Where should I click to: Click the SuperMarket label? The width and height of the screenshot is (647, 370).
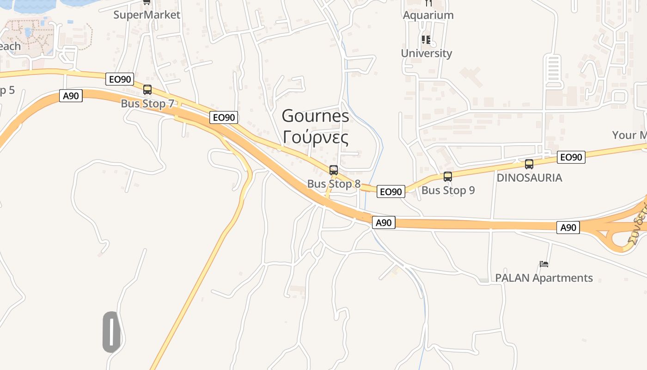coord(147,15)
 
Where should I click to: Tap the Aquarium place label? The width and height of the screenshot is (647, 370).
coord(428,15)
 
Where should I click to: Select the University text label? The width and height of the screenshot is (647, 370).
coord(426,53)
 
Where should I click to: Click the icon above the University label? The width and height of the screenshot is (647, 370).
coord(426,40)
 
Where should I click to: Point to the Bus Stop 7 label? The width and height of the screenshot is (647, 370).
coord(147,104)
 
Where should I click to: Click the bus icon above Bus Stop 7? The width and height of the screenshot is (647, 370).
coord(147,90)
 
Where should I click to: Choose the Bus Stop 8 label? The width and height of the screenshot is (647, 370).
coord(334,184)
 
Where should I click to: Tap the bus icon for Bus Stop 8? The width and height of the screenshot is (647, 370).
coord(334,170)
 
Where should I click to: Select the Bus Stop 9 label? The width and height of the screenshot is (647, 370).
coord(448,190)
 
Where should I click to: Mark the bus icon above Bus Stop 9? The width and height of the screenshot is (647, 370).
coord(448,176)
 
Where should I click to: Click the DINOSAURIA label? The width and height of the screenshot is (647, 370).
coord(529,178)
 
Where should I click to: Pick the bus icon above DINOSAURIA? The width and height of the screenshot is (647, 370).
coord(529,164)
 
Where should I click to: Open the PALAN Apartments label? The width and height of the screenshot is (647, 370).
coord(544,278)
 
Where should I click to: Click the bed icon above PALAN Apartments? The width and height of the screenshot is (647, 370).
coord(544,264)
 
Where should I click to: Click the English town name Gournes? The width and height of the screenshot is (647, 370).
coord(316,116)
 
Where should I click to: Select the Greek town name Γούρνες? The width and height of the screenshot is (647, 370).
coord(316,137)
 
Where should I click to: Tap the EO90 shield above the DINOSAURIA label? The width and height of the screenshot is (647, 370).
coord(571,157)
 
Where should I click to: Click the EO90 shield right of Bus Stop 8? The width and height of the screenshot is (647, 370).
coord(391,191)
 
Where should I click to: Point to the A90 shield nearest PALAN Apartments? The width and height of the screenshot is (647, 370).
coord(568,228)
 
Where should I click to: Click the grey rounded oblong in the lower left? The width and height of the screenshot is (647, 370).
coord(111,332)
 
